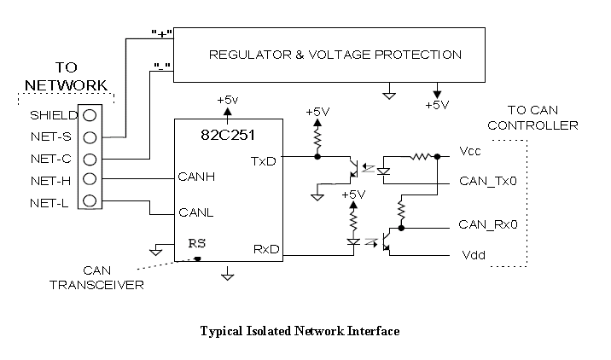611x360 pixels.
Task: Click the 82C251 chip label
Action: pos(226,136)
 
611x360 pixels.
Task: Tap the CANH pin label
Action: pos(195,178)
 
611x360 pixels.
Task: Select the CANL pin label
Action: pos(195,212)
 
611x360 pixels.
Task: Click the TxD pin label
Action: pos(264,161)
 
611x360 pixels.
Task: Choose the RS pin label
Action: pos(197,242)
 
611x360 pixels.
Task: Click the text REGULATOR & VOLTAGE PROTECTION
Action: pos(335,55)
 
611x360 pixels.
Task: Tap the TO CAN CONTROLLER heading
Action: pos(543,118)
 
